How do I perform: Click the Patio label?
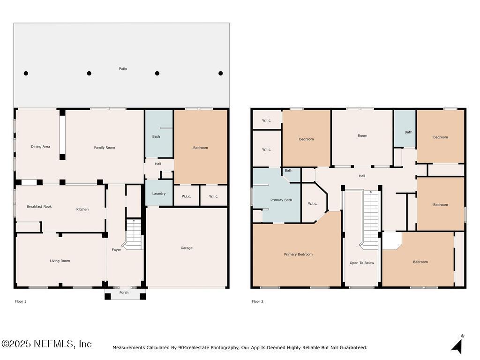coord(123,69)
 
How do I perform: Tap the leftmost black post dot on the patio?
coord(26,73)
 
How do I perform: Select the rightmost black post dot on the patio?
coord(220,73)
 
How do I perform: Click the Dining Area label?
coord(40,147)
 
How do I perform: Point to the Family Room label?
coord(104,148)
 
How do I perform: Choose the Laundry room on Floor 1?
coord(158,194)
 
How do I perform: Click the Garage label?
coord(187,248)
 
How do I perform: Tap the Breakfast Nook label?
coord(39,207)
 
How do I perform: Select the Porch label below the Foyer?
coord(124,293)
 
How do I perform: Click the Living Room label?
coord(60,261)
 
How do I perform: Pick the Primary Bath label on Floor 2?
coord(281,200)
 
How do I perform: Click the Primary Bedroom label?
coord(298,255)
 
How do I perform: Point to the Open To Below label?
coord(362,263)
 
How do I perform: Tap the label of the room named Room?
coord(362,136)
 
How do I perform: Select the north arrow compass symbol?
coord(457,345)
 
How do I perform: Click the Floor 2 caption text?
coord(257,301)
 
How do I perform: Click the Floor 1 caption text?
coord(21,301)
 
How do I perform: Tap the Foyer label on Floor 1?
coord(116,250)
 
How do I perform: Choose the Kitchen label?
coord(82,210)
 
